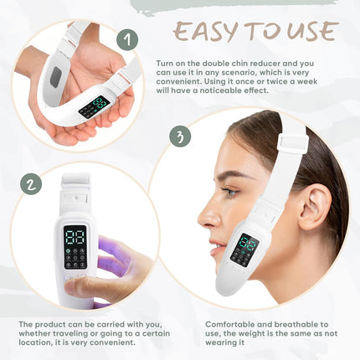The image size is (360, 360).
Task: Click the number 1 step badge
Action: (x=126, y=39)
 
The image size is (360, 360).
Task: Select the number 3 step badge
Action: (x=180, y=136)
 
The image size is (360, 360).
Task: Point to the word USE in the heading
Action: (x=311, y=31)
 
